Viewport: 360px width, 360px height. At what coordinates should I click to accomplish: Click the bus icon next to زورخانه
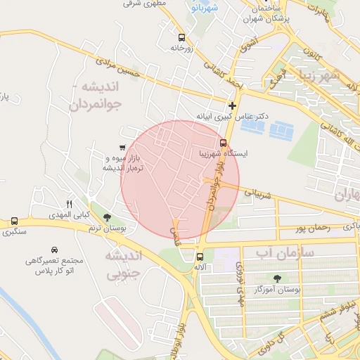pyautogui.click(x=182, y=37)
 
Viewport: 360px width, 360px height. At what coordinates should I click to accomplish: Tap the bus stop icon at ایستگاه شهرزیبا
pyautogui.click(x=224, y=143)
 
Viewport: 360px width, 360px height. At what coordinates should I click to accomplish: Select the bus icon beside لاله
pyautogui.click(x=200, y=257)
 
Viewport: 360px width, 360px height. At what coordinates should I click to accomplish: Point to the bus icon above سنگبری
pyautogui.click(x=15, y=221)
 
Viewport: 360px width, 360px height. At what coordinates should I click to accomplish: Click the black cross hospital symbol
pyautogui.click(x=232, y=105)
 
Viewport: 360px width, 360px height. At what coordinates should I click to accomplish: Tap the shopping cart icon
pyautogui.click(x=122, y=148)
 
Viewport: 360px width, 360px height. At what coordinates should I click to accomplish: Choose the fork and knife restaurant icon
pyautogui.click(x=69, y=203)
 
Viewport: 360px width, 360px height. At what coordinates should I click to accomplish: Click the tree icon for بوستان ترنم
pyautogui.click(x=107, y=218)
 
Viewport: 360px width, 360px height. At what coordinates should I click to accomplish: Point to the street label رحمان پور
pyautogui.click(x=312, y=228)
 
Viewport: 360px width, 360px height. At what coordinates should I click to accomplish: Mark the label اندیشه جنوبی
pyautogui.click(x=123, y=264)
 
